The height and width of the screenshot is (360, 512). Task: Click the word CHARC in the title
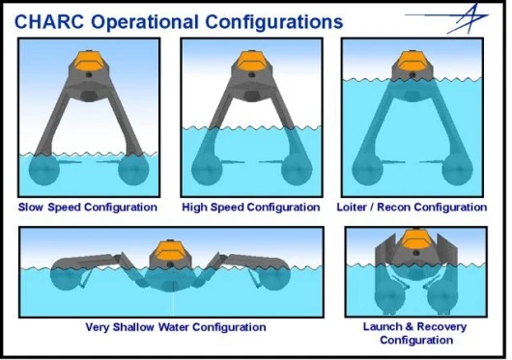coord(49,22)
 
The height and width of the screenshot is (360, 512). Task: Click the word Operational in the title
coord(144,22)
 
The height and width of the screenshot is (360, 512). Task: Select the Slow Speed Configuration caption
coord(88,208)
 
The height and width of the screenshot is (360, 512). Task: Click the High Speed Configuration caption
coord(251,208)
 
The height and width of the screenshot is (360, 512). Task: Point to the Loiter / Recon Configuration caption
coord(412,208)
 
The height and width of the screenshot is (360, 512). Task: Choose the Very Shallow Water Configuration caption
coord(176,327)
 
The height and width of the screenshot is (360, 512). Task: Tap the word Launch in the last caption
coord(383,326)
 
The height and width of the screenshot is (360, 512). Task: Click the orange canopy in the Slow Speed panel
coord(89,61)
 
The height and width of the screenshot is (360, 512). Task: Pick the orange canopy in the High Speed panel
coord(251,61)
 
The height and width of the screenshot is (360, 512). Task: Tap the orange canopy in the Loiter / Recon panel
coord(412,61)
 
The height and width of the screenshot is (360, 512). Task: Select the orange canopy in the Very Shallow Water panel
coord(170,250)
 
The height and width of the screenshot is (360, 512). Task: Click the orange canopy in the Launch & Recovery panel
coord(415,238)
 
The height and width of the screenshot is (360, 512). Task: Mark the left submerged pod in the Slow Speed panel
coord(44,170)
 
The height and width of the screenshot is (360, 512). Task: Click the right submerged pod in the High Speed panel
coord(297,170)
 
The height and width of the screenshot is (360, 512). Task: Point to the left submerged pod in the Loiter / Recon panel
coord(367,170)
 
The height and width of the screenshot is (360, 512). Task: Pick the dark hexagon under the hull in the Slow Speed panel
coord(89,96)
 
